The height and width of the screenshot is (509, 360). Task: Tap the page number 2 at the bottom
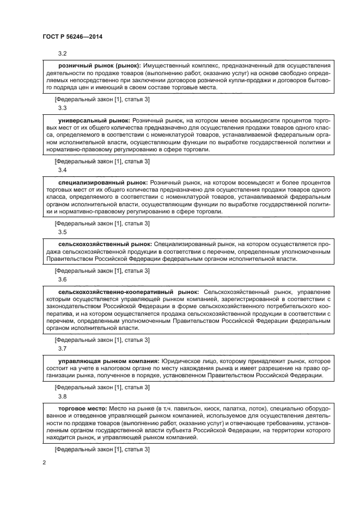click(44, 463)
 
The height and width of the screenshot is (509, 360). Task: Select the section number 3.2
click(62, 53)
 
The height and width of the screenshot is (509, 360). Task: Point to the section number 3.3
click(62, 108)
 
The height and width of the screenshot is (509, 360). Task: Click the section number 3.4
click(62, 170)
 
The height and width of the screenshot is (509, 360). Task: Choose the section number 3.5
click(62, 232)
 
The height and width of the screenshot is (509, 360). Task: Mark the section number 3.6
click(62, 279)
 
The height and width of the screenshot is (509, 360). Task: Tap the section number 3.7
click(62, 348)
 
